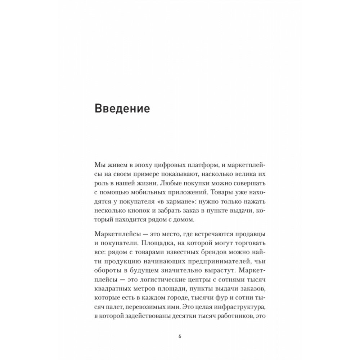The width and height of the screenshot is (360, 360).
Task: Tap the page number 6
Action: coord(180,337)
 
